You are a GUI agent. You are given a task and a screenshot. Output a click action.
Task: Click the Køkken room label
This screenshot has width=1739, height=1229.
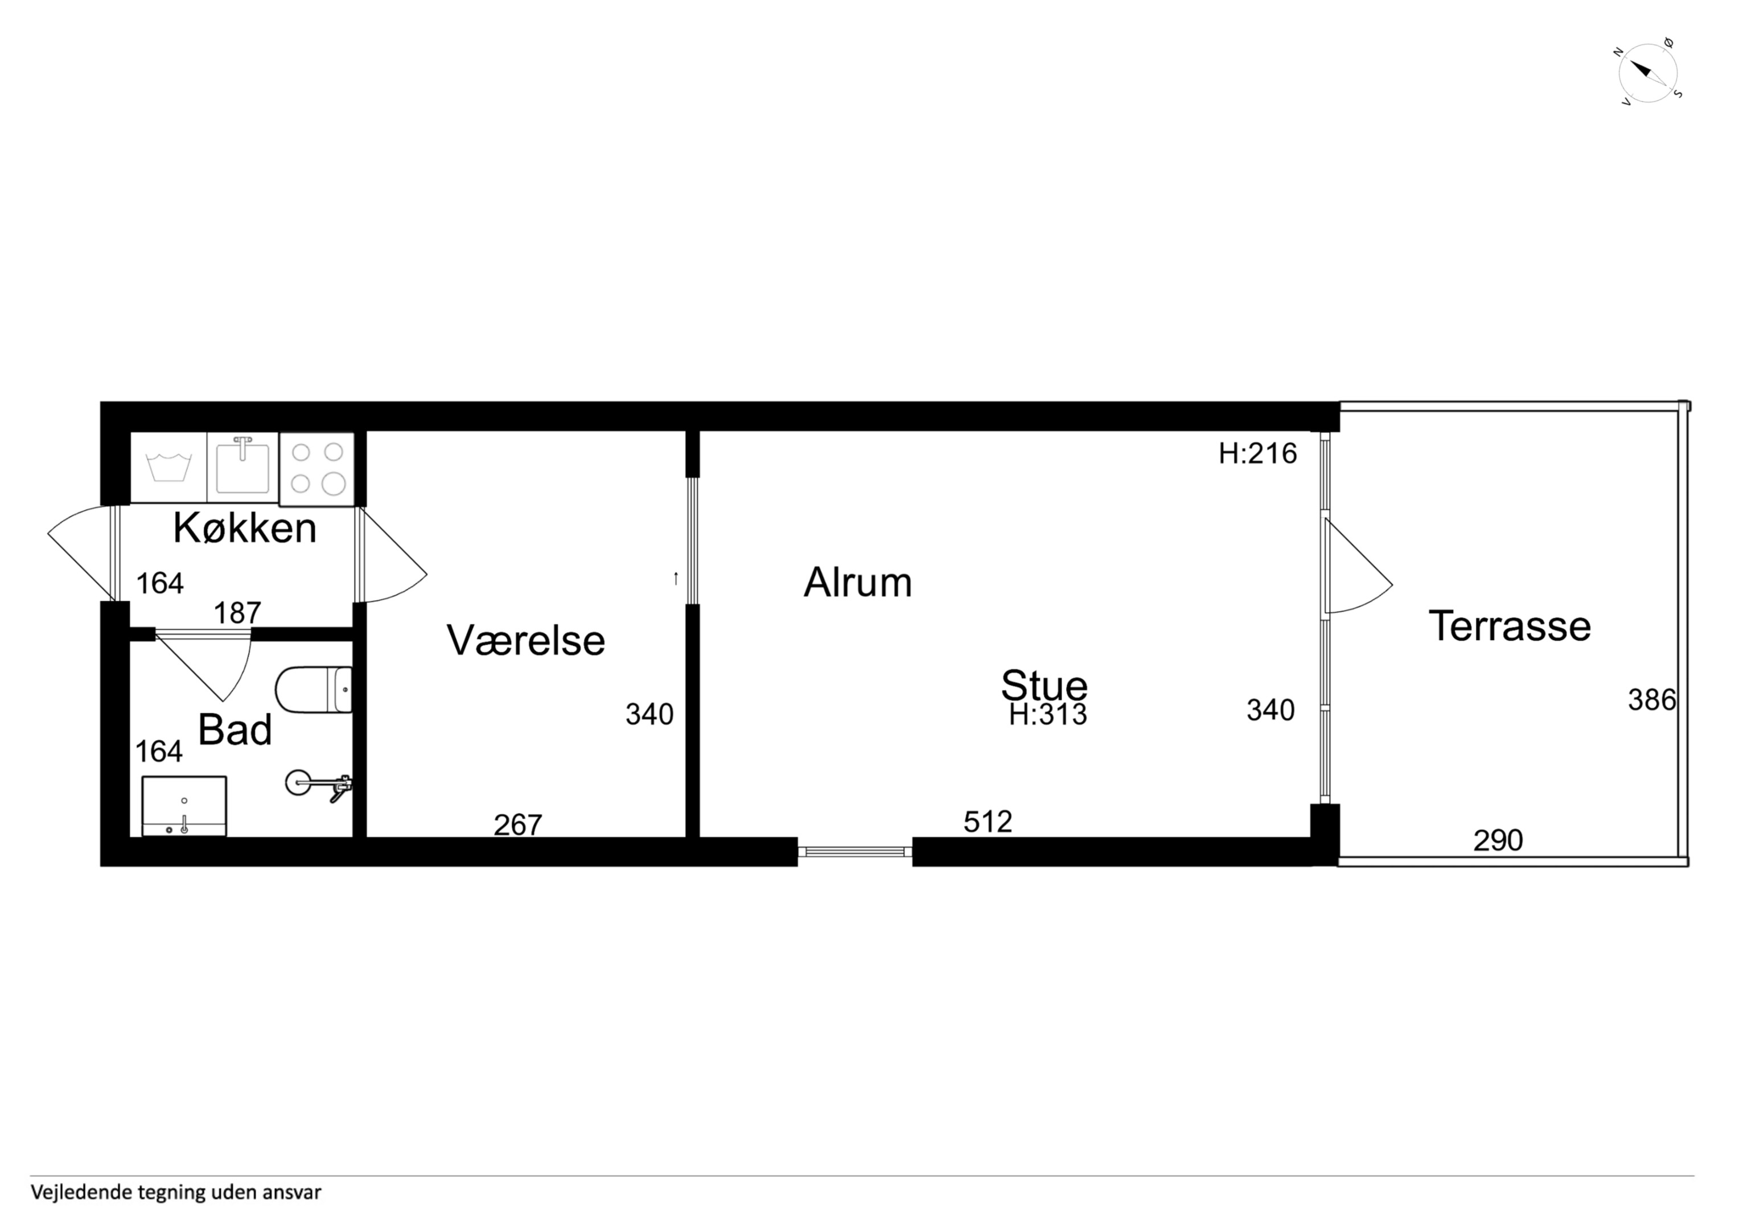pyautogui.click(x=245, y=528)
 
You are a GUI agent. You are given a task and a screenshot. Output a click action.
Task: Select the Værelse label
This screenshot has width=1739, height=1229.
pyautogui.click(x=525, y=640)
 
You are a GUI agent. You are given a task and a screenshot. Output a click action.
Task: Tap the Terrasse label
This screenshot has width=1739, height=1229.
pyautogui.click(x=1510, y=626)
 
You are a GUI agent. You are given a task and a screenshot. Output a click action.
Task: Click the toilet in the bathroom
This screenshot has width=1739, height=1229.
pyautogui.click(x=314, y=690)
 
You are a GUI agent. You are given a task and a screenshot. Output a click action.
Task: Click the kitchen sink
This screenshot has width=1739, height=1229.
pyautogui.click(x=242, y=467)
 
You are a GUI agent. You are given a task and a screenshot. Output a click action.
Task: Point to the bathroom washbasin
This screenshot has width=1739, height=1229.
pyautogui.click(x=184, y=806)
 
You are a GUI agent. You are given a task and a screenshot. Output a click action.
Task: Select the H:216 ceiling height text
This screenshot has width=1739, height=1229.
pyautogui.click(x=1257, y=453)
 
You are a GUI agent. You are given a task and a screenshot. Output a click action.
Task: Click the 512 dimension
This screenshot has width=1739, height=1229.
pyautogui.click(x=988, y=822)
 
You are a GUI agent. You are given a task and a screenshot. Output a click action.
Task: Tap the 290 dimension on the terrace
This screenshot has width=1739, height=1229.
pyautogui.click(x=1498, y=840)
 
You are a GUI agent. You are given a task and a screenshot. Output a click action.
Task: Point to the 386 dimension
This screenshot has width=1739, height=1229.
pyautogui.click(x=1652, y=700)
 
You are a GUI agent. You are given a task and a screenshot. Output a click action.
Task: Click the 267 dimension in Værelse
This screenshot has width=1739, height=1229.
pyautogui.click(x=518, y=824)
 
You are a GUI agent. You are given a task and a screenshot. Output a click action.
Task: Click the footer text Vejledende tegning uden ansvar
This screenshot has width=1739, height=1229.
pyautogui.click(x=176, y=1192)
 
